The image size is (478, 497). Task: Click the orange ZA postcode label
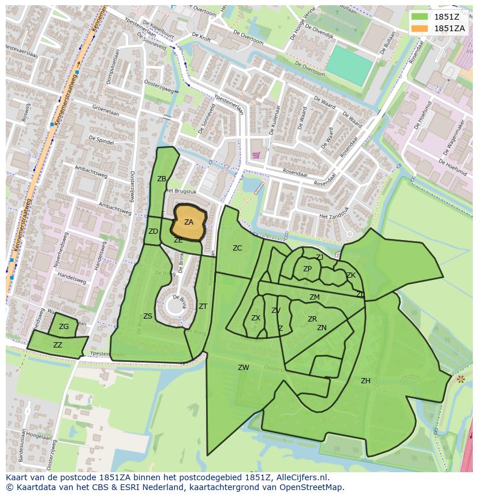[x=189, y=222]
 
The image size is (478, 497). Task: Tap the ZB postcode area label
[x=162, y=179]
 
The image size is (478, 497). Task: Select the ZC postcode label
[x=237, y=248]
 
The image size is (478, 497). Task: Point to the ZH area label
[x=365, y=381]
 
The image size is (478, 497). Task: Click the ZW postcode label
[x=244, y=368]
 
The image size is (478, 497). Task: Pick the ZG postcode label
[x=64, y=327]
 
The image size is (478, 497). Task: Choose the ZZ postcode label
[x=58, y=345]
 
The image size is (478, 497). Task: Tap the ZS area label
[x=148, y=316]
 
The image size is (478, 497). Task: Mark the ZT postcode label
[x=203, y=307]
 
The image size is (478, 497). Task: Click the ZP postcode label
[x=307, y=269]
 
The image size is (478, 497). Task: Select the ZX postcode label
[x=256, y=318]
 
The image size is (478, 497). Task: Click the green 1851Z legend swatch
[x=420, y=17]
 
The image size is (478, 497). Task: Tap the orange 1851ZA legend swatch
[x=420, y=28]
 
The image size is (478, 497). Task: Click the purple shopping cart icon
[x=256, y=155]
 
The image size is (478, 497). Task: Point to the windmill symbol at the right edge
[x=460, y=379]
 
